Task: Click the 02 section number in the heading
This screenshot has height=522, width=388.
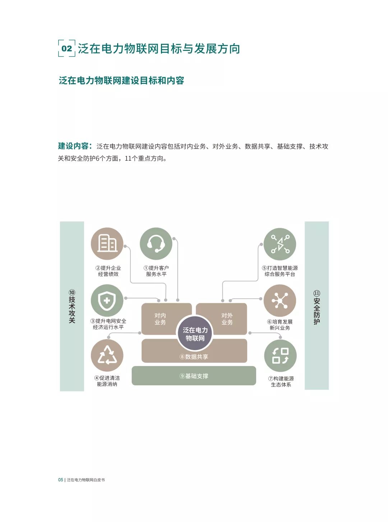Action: point(67,48)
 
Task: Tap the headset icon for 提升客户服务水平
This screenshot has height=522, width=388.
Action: point(156,244)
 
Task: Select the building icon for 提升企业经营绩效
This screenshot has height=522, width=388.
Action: point(107,244)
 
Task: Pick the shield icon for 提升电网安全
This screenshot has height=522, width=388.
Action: point(107,301)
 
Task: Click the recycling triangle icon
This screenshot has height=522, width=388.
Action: point(107,356)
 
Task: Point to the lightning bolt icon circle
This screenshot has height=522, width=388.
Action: point(280,244)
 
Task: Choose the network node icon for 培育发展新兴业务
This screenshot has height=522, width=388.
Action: point(280,301)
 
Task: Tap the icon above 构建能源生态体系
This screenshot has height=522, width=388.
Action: point(280,356)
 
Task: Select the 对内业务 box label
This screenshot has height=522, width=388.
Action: point(160,319)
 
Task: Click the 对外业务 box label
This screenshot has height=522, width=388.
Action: point(227,319)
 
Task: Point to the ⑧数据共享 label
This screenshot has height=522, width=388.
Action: point(194,357)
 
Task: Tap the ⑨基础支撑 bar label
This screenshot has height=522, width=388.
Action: point(194,376)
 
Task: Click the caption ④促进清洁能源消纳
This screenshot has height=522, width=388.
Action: point(107,381)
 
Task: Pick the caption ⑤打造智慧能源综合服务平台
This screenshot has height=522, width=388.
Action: point(280,271)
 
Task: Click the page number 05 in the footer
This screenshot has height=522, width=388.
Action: point(61,480)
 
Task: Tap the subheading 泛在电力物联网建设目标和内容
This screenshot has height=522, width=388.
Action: point(121,80)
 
